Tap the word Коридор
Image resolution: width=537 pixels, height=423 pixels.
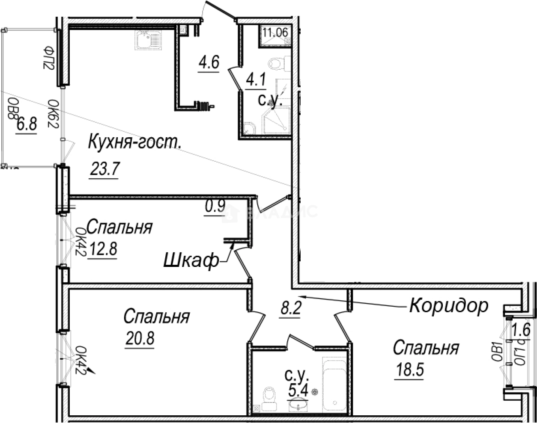click(x=448, y=305)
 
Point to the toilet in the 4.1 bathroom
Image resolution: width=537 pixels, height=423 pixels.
click(x=276, y=65)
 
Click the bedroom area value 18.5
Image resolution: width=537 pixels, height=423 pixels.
click(x=409, y=369)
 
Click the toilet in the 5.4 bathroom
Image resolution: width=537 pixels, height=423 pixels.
click(x=269, y=396)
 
